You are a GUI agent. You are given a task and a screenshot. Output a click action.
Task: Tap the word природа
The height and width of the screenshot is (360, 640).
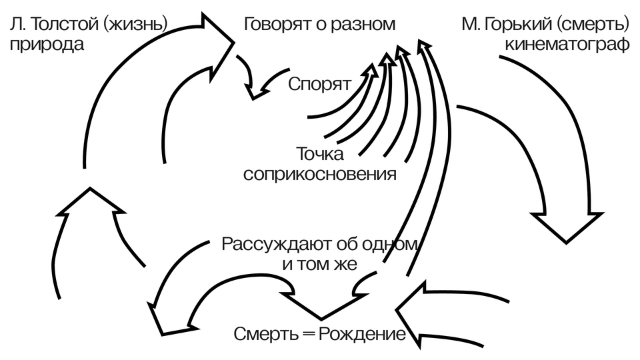47,45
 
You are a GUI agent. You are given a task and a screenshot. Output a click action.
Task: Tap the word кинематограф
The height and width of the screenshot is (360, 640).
567,45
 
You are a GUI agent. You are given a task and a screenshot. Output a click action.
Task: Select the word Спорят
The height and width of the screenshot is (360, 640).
319,85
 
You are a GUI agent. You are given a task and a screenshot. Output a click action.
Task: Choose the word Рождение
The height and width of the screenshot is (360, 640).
363,333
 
